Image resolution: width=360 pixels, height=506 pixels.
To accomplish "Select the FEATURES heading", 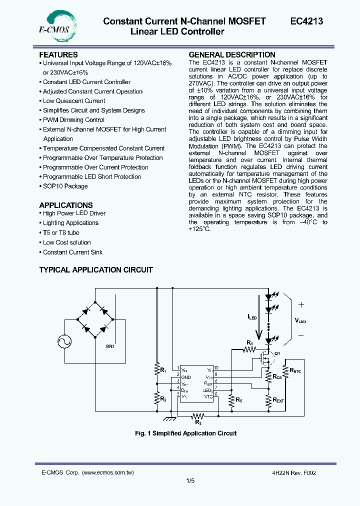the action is coord(58,54).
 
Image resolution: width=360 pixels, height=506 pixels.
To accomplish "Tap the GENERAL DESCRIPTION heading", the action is coord(232,54).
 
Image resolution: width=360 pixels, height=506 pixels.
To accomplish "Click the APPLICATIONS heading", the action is coord(66,205).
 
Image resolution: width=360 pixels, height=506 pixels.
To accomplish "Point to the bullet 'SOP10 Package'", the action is coord(65,186).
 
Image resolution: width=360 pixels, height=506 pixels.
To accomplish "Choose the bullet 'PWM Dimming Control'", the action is coord(73,120).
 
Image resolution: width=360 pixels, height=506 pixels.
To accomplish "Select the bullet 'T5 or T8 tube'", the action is coord(61,232).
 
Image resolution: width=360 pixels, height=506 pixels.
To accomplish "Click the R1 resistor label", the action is coord(162,370).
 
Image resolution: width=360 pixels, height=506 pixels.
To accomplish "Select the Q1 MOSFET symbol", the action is coord(267,358).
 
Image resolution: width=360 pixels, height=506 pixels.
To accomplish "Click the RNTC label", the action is coord(295,370).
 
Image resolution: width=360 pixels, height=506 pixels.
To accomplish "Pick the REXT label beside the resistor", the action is coord(278,400).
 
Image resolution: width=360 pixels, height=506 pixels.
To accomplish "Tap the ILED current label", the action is coord(252,317).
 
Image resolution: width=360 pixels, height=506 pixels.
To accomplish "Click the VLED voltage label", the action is coord(300,320).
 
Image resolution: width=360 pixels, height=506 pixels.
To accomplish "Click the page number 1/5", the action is coord(190,481).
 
